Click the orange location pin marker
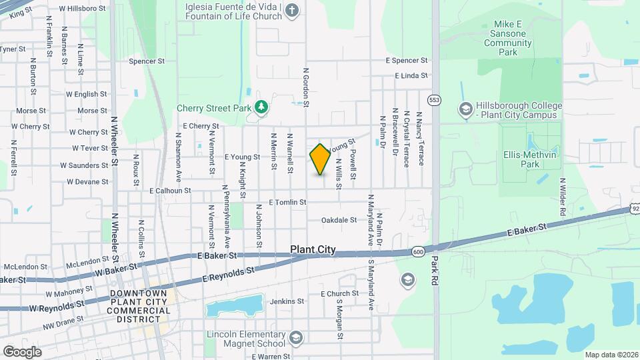click(320, 159)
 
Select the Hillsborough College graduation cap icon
click(465, 108)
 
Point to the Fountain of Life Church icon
click(291, 10)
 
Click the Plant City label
click(313, 250)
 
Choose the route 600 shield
click(418, 251)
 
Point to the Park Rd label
click(435, 270)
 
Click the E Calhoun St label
click(170, 191)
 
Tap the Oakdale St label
click(339, 220)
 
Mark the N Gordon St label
click(306, 87)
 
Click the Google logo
click(22, 351)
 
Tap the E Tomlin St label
click(287, 202)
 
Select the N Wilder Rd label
click(563, 197)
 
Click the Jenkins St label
click(287, 301)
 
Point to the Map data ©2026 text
click(611, 354)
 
